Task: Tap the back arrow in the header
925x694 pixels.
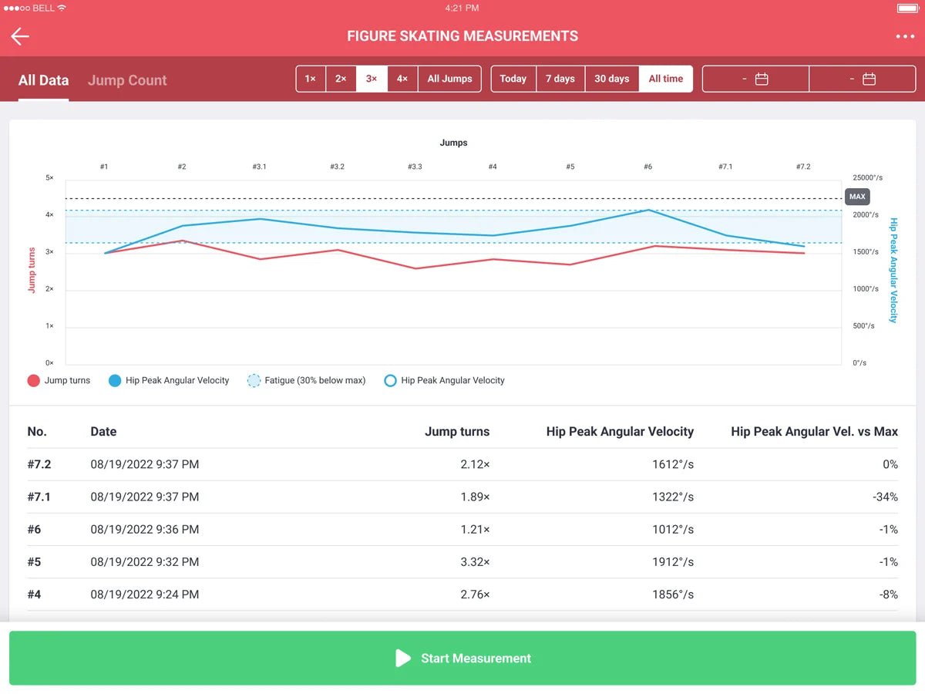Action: (x=20, y=36)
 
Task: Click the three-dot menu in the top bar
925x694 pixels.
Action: (x=905, y=36)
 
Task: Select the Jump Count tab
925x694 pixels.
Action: (x=127, y=80)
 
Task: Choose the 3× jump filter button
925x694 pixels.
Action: (x=372, y=79)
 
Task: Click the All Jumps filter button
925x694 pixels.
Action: (x=449, y=79)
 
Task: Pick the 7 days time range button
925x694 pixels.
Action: (x=560, y=79)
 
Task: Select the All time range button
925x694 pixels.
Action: (x=665, y=79)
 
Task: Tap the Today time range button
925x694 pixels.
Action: (x=513, y=79)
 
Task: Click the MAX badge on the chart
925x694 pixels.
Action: (x=857, y=197)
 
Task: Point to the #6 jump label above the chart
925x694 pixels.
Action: (x=647, y=167)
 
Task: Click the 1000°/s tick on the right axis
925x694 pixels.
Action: (x=865, y=289)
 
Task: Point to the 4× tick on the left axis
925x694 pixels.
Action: (x=49, y=215)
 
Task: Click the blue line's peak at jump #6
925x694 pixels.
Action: (x=648, y=210)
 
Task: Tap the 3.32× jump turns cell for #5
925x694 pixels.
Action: (x=475, y=561)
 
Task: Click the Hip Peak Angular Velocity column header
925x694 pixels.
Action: (x=620, y=432)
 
